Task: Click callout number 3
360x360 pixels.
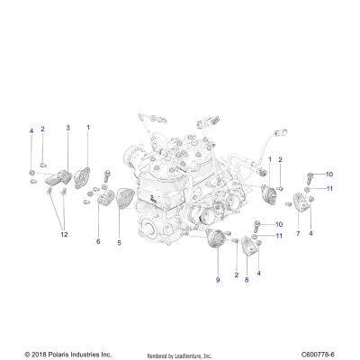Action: click(x=67, y=129)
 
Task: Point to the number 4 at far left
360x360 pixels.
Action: click(x=31, y=130)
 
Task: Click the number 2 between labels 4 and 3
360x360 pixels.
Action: click(x=42, y=129)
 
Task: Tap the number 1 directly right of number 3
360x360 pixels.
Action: click(x=87, y=129)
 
